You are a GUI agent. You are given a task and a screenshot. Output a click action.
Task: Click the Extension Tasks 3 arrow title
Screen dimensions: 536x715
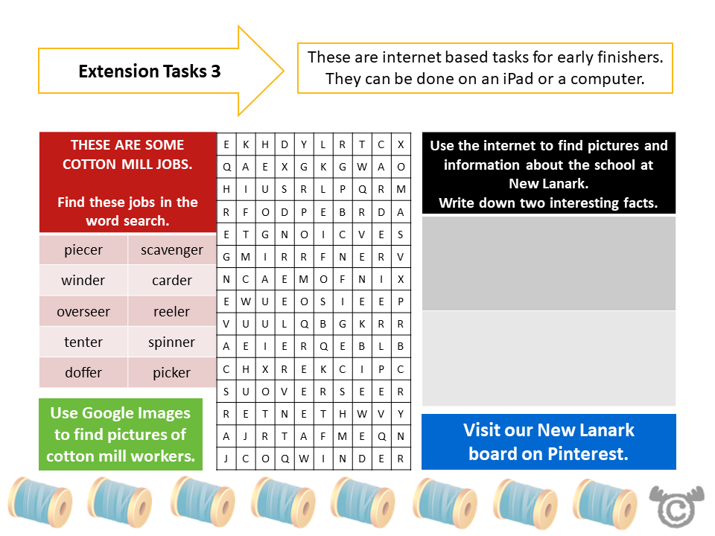coord(149,71)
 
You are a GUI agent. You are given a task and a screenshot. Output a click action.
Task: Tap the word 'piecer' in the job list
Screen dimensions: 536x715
coord(83,250)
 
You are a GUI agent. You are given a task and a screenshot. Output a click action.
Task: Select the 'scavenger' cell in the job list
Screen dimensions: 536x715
coord(171,250)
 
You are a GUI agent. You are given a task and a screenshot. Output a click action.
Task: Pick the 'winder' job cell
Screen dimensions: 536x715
coord(83,281)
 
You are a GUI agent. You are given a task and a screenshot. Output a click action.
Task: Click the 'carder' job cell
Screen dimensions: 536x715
coord(171,281)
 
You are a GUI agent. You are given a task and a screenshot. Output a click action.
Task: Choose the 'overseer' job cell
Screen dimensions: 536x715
coord(83,312)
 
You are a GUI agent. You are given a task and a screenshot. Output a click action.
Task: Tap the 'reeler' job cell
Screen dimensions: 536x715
coord(171,312)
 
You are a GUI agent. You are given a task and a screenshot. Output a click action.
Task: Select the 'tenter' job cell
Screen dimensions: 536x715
coord(83,342)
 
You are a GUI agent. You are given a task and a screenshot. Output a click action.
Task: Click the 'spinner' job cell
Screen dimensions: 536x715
coord(171,342)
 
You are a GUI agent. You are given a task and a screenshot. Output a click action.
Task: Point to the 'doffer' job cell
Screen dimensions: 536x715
coord(83,373)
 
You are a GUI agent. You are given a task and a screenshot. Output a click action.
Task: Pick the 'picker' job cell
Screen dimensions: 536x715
coord(171,373)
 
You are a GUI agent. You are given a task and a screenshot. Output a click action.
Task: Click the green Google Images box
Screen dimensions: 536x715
coord(120,435)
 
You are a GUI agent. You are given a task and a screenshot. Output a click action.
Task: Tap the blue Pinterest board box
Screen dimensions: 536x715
coord(548,441)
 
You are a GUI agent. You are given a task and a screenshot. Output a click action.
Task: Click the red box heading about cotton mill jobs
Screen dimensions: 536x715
coord(127,182)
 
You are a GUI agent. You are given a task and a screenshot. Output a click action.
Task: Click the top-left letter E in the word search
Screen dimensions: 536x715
coord(226,145)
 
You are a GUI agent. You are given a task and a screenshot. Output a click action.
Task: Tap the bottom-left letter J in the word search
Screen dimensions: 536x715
coord(226,459)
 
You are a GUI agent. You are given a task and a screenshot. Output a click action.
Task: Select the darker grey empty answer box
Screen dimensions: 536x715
coord(548,264)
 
